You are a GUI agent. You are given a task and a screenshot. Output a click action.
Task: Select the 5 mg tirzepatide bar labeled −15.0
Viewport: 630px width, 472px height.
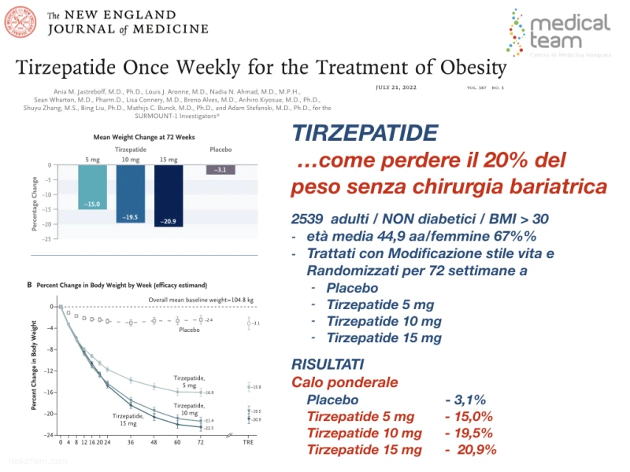coord(94,186)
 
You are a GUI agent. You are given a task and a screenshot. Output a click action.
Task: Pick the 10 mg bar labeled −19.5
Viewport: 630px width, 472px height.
coord(131,194)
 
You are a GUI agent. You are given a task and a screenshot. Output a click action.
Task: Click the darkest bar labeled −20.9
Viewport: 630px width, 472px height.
coord(169,196)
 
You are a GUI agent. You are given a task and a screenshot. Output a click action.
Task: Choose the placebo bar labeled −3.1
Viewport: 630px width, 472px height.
coord(220,169)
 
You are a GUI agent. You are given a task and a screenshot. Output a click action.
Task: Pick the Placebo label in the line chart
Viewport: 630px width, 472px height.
coord(190,330)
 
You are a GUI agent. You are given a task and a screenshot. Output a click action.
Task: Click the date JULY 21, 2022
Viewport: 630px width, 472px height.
coord(403,87)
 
